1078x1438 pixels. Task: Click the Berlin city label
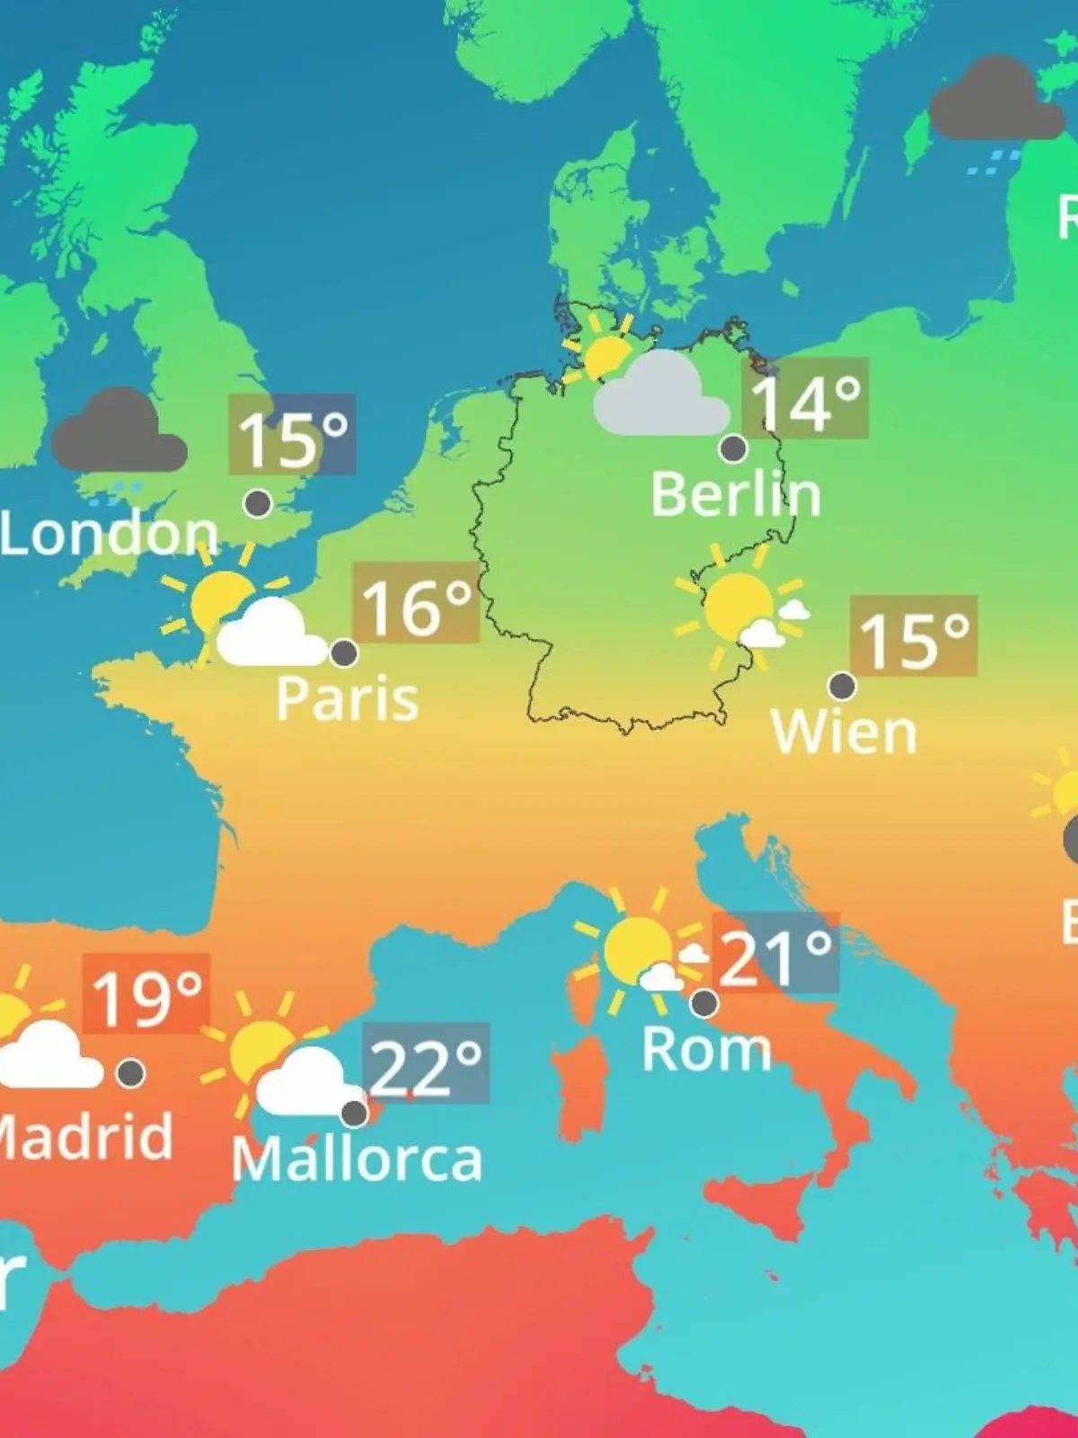[736, 494]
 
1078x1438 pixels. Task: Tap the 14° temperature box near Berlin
[805, 398]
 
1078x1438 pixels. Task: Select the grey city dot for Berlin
[733, 448]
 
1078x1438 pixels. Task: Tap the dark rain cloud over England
[119, 434]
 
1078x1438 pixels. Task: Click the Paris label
[347, 698]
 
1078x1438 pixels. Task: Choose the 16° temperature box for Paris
[415, 603]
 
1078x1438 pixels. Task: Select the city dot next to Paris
[344, 653]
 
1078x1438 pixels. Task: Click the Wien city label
[844, 732]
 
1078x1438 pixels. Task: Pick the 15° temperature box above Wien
[913, 635]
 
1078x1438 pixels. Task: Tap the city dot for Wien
[842, 687]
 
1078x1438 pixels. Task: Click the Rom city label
[706, 1049]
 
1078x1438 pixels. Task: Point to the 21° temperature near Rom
[774, 954]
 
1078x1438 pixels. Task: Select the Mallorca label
[357, 1159]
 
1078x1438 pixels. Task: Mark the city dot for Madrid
[131, 1073]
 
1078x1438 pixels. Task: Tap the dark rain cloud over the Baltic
[995, 101]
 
